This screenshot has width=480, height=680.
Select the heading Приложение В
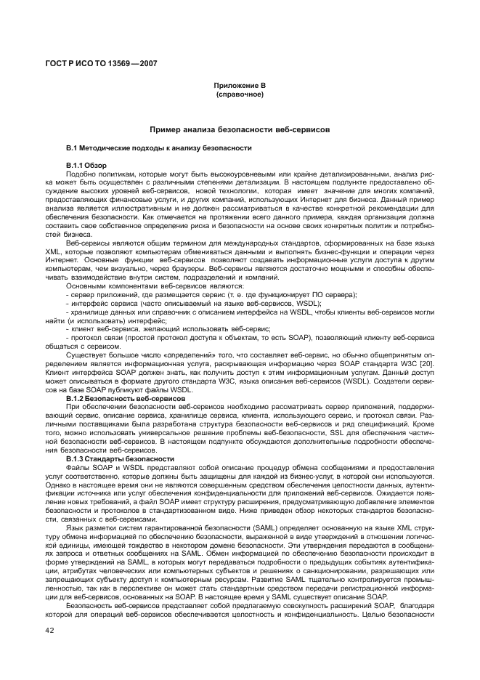[x=239, y=86]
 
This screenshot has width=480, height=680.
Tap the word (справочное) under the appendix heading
[x=239, y=94]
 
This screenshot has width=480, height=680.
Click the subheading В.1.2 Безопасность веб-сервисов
[x=126, y=400]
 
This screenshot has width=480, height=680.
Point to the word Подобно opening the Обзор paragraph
[x=79, y=174]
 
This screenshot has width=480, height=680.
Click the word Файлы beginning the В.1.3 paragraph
[x=78, y=468]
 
